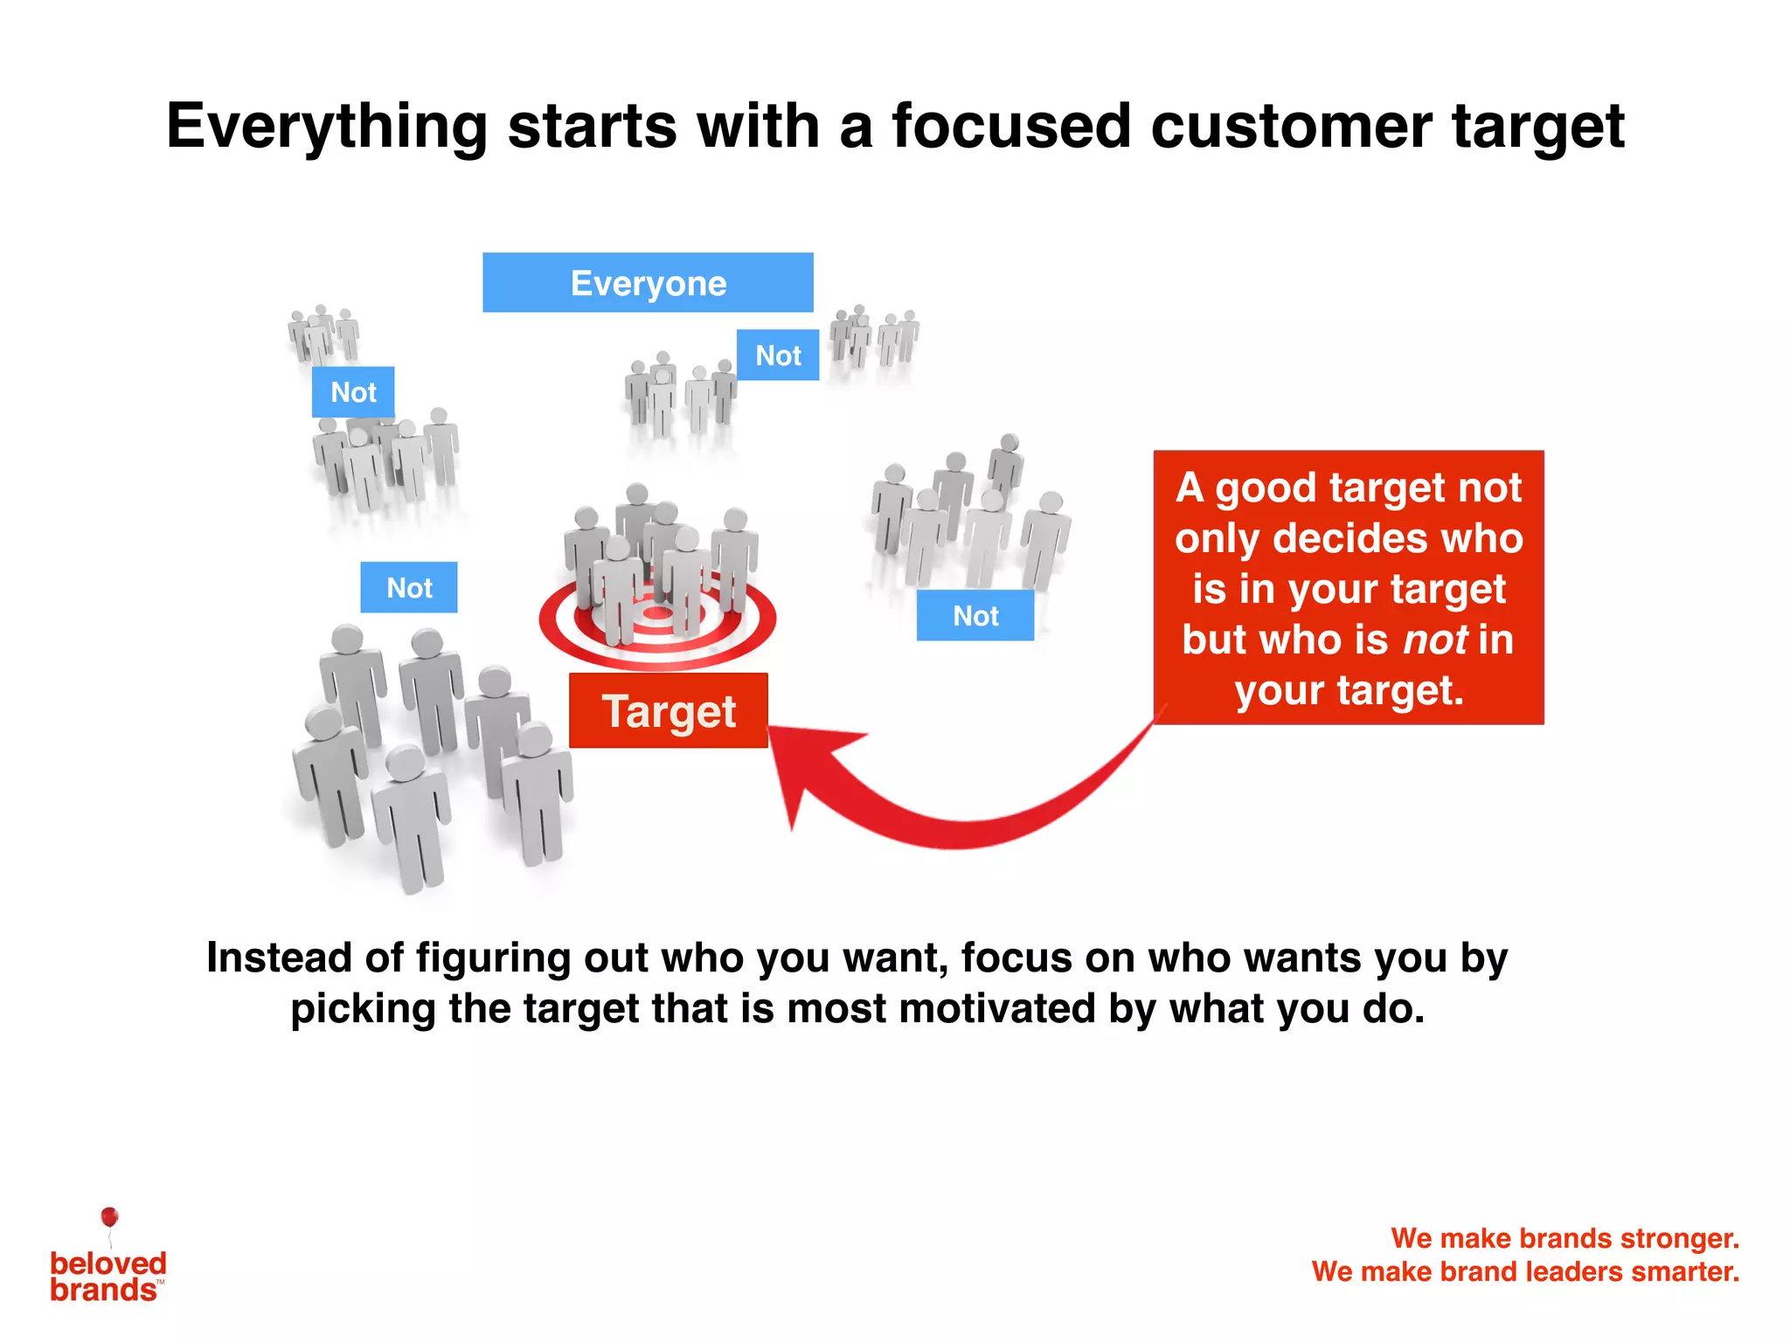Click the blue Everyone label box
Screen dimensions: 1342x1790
click(x=648, y=282)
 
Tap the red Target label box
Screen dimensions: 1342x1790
click(x=669, y=710)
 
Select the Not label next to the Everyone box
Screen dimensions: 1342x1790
click(x=778, y=355)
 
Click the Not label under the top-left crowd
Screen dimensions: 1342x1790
click(x=353, y=392)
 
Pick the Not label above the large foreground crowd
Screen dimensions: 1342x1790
click(x=409, y=587)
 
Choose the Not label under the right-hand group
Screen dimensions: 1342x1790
click(x=975, y=616)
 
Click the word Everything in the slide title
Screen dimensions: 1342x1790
click(x=327, y=127)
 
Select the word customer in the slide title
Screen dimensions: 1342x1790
click(x=1292, y=127)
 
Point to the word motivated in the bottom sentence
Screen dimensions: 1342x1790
click(x=996, y=1008)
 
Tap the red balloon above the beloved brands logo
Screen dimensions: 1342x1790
click(x=109, y=1216)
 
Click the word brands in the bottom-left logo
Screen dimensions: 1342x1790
click(x=102, y=1290)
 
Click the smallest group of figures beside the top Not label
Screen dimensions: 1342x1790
click(x=873, y=335)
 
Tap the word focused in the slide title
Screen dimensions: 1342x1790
click(x=1011, y=127)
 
